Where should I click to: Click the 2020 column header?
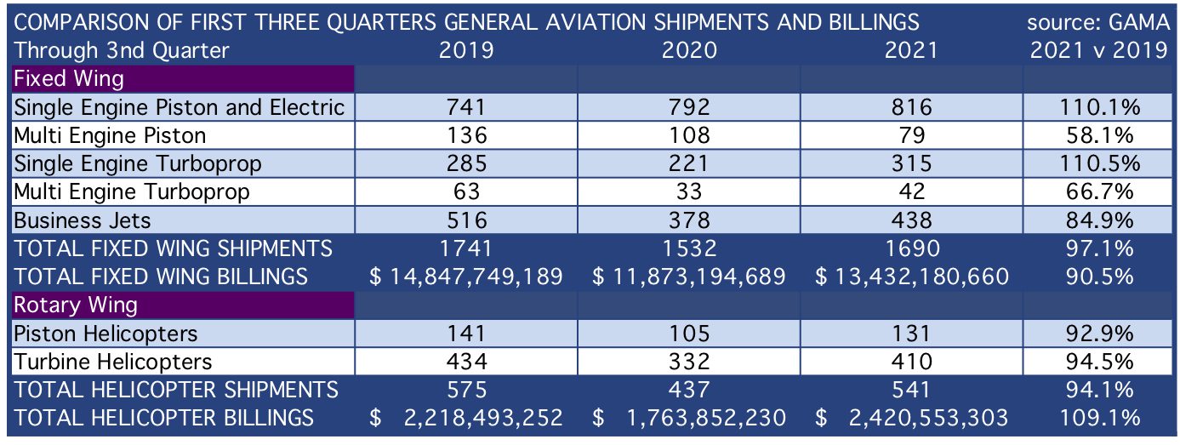point(689,50)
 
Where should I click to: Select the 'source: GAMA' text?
point(1097,23)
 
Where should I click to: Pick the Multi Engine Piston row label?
point(110,136)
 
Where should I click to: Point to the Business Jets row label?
point(83,220)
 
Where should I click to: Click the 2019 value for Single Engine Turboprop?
point(467,163)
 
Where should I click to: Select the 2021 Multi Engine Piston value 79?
point(912,136)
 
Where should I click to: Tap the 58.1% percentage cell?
point(1099,136)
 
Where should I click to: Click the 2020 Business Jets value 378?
point(689,220)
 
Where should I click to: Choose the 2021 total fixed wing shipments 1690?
point(912,248)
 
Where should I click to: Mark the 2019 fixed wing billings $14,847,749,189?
point(466,277)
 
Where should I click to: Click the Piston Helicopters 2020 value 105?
point(689,334)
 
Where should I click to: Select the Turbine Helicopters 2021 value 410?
point(912,362)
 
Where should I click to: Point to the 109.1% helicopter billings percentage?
point(1099,418)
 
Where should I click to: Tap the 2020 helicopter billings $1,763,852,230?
point(689,418)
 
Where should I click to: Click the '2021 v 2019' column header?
point(1099,50)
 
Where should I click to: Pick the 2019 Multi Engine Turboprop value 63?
point(467,191)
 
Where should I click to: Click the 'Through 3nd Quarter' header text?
point(121,50)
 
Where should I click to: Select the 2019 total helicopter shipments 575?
point(467,391)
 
